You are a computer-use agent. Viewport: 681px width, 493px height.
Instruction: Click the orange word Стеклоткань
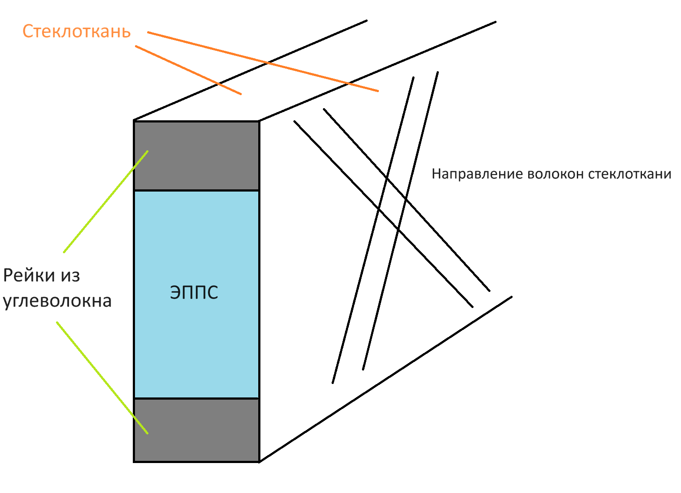(76, 32)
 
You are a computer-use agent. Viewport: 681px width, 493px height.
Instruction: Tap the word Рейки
(30, 275)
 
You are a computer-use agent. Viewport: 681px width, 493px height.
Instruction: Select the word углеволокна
(57, 301)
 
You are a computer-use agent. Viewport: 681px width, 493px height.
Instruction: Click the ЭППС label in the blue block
(194, 292)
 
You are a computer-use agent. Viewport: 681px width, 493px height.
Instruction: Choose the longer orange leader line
(263, 61)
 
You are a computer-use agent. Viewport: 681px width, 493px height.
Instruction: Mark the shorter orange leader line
(188, 69)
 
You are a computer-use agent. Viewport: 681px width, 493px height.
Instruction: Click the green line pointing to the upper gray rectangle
(105, 202)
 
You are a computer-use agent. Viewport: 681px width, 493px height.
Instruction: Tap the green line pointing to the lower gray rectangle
(102, 377)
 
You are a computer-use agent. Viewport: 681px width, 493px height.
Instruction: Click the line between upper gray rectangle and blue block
(196, 190)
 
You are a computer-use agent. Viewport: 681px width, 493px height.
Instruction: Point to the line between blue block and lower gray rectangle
(196, 398)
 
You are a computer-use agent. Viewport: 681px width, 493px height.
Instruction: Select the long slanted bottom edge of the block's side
(385, 379)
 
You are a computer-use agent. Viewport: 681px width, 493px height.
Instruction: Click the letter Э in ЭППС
(175, 292)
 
